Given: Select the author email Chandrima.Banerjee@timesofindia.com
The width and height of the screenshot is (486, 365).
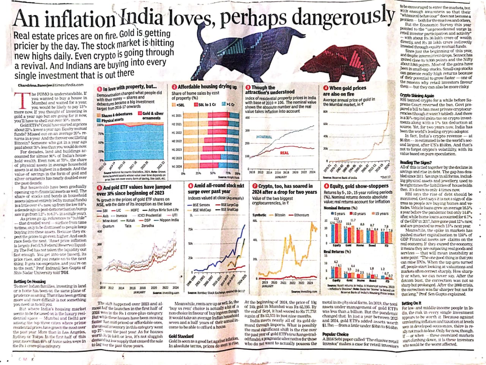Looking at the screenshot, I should tap(50, 85).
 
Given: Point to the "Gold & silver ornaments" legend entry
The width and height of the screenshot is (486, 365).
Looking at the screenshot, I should tap(153, 115).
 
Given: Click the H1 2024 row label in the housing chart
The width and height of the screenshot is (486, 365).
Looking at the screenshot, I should tap(177, 166).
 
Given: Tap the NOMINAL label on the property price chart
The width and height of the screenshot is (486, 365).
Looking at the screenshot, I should tap(264, 136).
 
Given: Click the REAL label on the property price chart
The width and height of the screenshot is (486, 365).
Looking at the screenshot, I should tap(284, 153).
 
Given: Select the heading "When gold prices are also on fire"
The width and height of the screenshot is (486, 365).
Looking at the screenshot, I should tap(344, 91).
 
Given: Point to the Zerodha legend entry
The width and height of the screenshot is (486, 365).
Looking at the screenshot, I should tap(147, 226).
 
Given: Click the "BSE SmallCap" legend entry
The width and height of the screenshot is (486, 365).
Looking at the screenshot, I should tap(230, 210).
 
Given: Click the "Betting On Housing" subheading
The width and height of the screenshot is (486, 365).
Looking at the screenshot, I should tap(30, 281).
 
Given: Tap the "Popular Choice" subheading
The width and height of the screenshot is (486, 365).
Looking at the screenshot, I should tap(335, 334).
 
